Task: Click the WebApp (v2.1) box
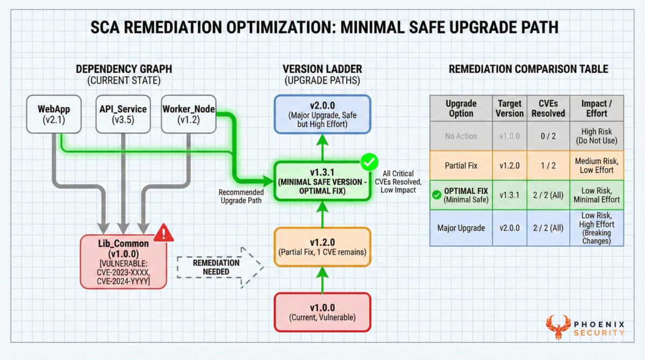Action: click(52, 114)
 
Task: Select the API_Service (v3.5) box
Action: click(124, 114)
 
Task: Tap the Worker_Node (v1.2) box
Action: click(188, 114)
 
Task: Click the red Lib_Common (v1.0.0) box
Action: click(123, 261)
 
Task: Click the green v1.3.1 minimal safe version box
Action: click(322, 181)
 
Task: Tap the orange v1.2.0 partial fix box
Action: click(322, 247)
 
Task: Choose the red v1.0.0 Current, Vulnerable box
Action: click(322, 313)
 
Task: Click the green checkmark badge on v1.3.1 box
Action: click(369, 161)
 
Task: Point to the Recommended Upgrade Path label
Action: click(241, 196)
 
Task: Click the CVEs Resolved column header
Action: click(548, 108)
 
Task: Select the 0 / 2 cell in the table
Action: click(548, 136)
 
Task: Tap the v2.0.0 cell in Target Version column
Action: click(510, 228)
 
